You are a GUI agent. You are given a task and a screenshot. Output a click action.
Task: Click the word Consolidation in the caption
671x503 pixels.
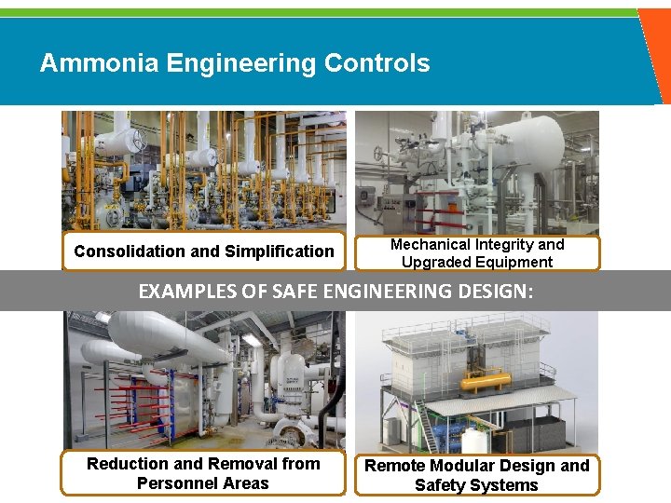tap(130, 251)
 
